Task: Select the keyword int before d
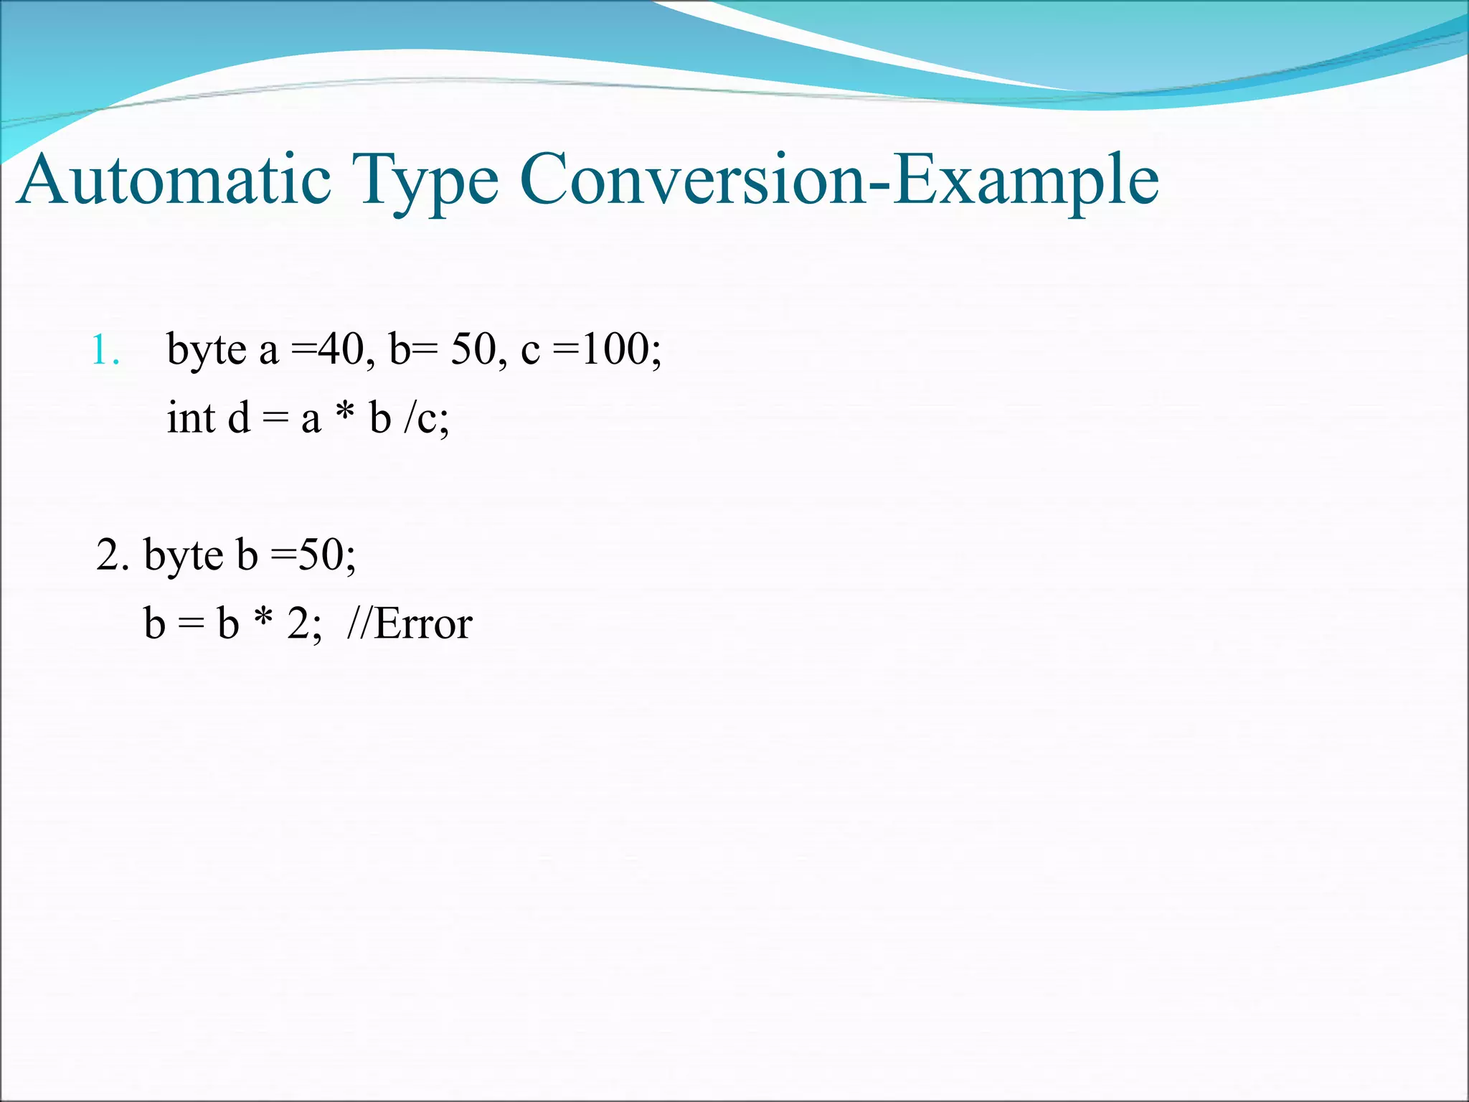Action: pyautogui.click(x=191, y=418)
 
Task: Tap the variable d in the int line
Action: pyautogui.click(x=239, y=418)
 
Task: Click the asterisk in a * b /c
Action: pyautogui.click(x=345, y=415)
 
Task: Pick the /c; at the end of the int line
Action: pyautogui.click(x=426, y=419)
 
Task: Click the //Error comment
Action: pyautogui.click(x=410, y=623)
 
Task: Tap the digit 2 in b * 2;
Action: pyautogui.click(x=298, y=623)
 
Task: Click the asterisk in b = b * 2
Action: pyautogui.click(x=263, y=619)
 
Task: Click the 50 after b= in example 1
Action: pyautogui.click(x=472, y=350)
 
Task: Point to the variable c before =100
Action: pyautogui.click(x=530, y=352)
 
